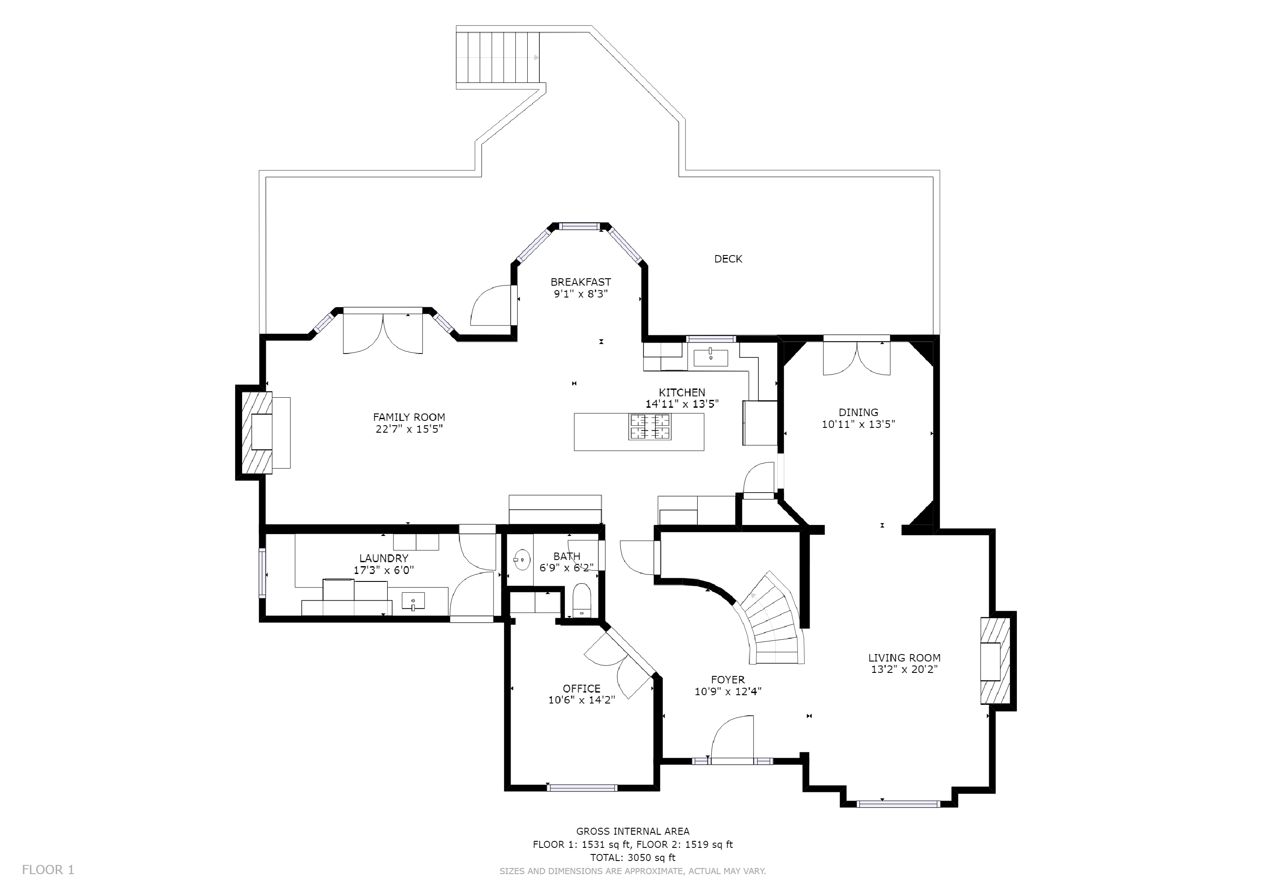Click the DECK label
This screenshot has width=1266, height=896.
point(728,259)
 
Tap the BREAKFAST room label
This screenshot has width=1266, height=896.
point(581,282)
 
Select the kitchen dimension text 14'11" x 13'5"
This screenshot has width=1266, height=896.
point(682,404)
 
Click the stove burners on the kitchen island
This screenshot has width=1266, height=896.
point(650,427)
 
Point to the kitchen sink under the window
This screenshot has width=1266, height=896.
point(710,357)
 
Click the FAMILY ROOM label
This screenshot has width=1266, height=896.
point(409,417)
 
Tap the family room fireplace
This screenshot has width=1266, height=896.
point(255,433)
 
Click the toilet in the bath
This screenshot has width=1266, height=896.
point(582,601)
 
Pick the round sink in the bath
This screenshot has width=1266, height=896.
point(521,560)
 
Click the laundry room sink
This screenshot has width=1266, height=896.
point(413,600)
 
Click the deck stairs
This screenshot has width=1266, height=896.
point(497,57)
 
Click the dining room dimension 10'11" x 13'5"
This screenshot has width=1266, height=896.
point(858,424)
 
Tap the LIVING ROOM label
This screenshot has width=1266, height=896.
point(904,658)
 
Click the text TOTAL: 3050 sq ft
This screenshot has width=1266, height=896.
point(633,857)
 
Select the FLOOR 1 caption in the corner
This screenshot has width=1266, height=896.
point(48,870)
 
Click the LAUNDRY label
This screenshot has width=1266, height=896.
point(383,558)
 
